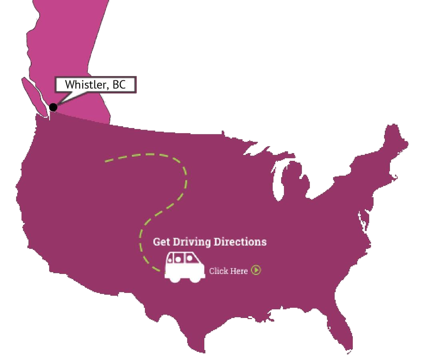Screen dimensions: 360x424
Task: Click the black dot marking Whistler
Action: pyautogui.click(x=53, y=107)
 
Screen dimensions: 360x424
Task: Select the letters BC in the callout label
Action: pyautogui.click(x=119, y=85)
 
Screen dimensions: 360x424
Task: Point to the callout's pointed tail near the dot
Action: pyautogui.click(x=60, y=100)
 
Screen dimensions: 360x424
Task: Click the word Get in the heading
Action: pyautogui.click(x=162, y=242)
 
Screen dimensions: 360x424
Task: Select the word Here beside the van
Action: pyautogui.click(x=239, y=271)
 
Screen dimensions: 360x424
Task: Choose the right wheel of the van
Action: pyautogui.click(x=196, y=278)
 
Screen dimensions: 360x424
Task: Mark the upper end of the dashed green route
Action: pyautogui.click(x=106, y=161)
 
